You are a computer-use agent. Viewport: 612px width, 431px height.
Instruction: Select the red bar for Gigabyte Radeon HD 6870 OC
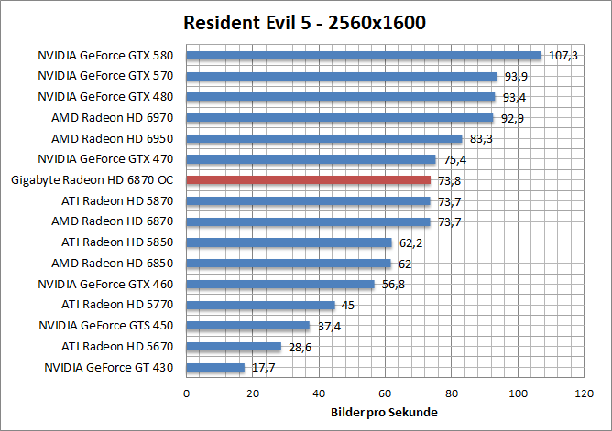(x=309, y=180)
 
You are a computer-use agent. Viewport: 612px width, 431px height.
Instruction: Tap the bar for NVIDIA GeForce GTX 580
(x=364, y=55)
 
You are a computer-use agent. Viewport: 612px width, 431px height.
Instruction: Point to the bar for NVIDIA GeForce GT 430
(x=215, y=368)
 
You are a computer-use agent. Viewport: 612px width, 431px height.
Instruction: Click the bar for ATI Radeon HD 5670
(x=234, y=347)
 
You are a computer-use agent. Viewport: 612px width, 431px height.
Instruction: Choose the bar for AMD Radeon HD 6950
(x=324, y=139)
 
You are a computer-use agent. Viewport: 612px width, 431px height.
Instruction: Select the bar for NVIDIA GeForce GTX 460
(x=280, y=285)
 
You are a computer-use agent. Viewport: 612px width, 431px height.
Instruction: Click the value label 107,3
(x=563, y=56)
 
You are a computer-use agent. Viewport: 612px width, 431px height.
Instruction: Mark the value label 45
(x=348, y=306)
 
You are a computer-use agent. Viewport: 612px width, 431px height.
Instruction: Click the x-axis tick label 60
(x=386, y=393)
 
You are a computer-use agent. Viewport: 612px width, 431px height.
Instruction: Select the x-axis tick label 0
(x=187, y=393)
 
